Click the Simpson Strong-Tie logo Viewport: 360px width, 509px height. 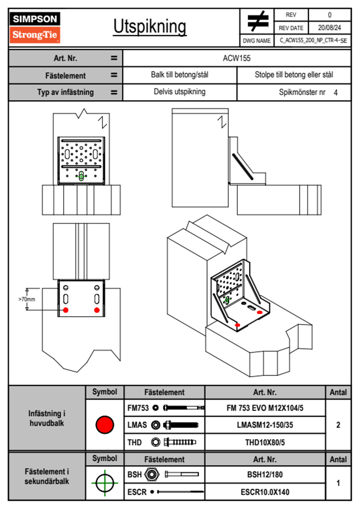tap(35, 27)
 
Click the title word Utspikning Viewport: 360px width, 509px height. tap(150, 27)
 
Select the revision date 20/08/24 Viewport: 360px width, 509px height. tap(329, 28)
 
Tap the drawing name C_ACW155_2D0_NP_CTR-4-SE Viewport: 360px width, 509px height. tap(313, 41)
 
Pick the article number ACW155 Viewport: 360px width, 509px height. tap(237, 58)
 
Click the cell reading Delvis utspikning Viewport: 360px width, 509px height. tap(179, 92)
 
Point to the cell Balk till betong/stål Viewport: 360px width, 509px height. tap(179, 75)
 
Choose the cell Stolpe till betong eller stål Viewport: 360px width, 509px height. tap(294, 75)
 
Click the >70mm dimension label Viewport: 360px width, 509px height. tap(27, 299)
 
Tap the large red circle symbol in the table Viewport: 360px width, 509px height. tap(105, 425)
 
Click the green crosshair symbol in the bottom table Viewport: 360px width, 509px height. tap(105, 483)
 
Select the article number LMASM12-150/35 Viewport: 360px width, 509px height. tap(265, 425)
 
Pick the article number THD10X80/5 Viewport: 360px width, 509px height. tap(265, 442)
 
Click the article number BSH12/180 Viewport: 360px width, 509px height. tap(265, 475)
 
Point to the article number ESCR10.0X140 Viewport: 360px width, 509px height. tap(265, 492)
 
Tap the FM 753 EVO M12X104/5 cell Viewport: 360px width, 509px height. tap(265, 408)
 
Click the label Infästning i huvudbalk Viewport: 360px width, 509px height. tap(47, 418)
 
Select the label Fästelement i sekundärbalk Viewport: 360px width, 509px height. tap(47, 476)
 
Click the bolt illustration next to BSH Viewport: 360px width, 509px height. tap(182, 474)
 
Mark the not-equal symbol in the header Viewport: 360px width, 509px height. tap(257, 21)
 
